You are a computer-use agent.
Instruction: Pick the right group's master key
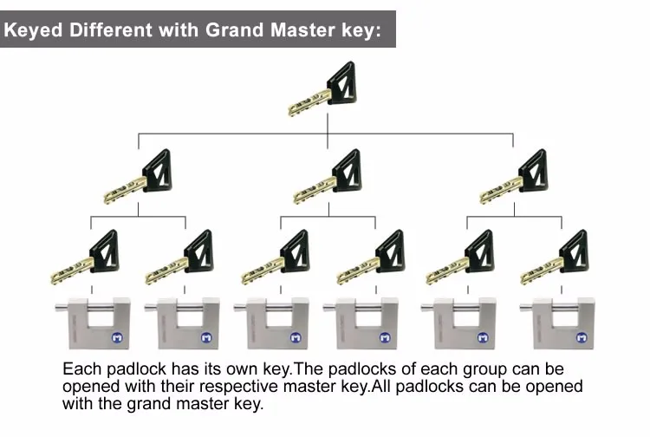tap(516, 178)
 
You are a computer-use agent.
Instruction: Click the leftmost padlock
tap(92, 323)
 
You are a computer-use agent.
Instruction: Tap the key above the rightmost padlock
tap(555, 258)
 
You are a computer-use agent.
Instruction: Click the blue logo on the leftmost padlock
tap(113, 336)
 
